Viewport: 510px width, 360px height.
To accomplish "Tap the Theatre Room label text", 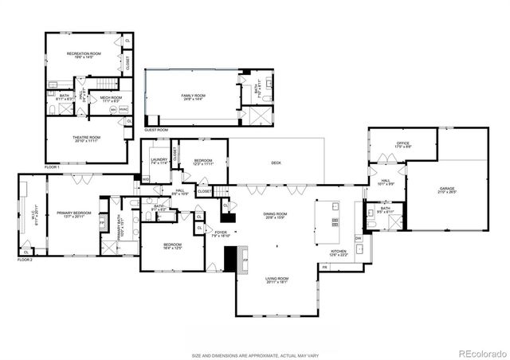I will [x=88, y=139].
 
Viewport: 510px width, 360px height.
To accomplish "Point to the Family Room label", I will [x=194, y=97].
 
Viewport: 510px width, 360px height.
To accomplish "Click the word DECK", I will [x=276, y=163].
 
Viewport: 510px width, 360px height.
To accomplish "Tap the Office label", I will [x=403, y=145].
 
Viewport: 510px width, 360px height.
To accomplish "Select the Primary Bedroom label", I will [x=73, y=214].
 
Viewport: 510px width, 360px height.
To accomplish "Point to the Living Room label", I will [x=277, y=280].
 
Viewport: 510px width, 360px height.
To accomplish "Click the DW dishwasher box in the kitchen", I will [x=358, y=238].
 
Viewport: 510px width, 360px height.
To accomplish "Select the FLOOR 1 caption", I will [x=53, y=167].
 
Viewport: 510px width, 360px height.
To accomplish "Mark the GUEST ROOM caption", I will [x=156, y=129].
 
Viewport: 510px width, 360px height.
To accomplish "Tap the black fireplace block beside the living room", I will [x=230, y=258].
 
